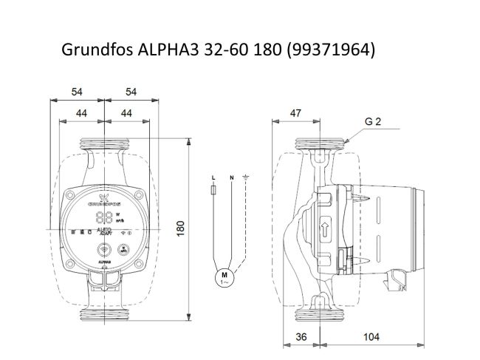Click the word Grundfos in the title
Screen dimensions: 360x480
(92, 50)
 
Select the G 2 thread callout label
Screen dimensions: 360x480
(372, 122)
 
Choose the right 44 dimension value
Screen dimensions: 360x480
(126, 113)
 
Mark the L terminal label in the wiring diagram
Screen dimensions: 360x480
(213, 178)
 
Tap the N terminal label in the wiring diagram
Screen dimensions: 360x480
(231, 178)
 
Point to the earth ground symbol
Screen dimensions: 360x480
(246, 177)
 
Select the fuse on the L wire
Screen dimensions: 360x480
(213, 191)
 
